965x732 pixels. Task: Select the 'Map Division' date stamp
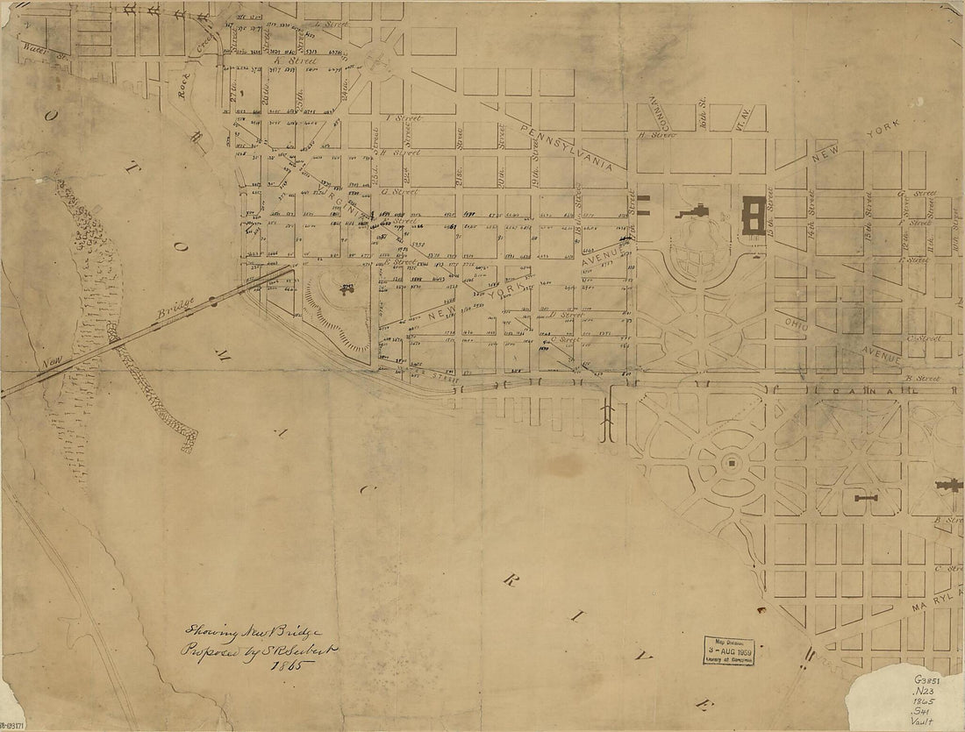pyautogui.click(x=727, y=649)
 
